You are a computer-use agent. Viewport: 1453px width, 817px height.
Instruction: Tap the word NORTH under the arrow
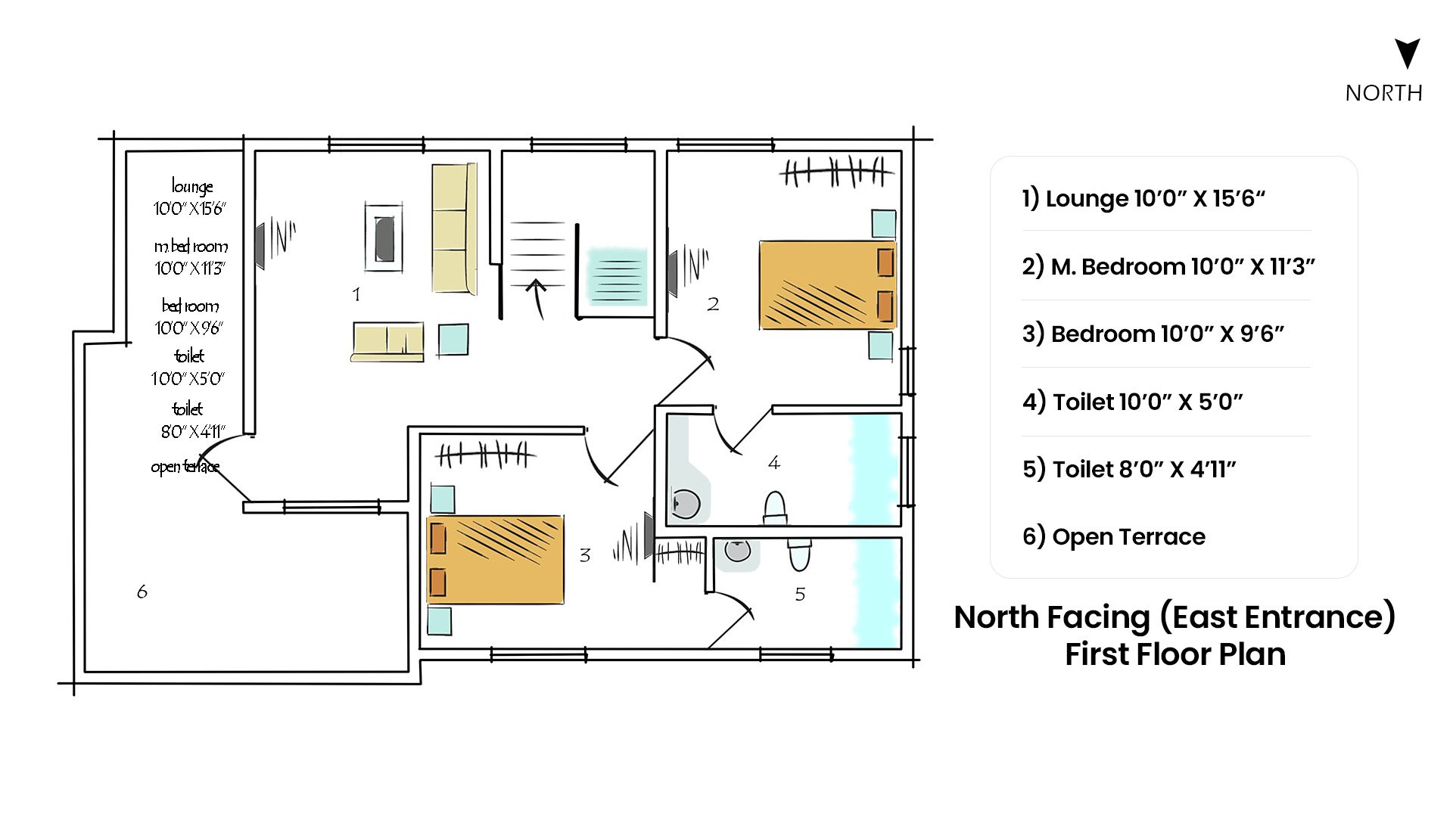tap(1384, 93)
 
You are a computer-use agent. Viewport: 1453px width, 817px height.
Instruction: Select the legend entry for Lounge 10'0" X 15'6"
tap(1143, 198)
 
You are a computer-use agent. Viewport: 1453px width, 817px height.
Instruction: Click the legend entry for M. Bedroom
tap(1168, 266)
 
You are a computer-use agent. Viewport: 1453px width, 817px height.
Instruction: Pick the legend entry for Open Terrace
tap(1113, 536)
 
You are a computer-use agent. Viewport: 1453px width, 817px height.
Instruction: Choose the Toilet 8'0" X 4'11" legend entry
tap(1129, 469)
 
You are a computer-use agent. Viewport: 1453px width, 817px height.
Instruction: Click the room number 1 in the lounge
tap(356, 294)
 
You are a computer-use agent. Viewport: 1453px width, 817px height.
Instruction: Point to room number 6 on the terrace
tap(142, 592)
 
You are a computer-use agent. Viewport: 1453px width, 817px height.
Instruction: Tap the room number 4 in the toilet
tap(773, 462)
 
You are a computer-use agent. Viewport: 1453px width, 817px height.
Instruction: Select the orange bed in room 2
tap(827, 285)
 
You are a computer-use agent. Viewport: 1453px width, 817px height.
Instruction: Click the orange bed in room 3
tap(496, 560)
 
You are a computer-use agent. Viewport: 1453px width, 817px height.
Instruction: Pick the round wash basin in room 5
tap(737, 550)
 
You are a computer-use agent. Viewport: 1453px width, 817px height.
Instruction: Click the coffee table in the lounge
tap(384, 238)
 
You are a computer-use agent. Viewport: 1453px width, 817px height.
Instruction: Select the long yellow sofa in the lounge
tap(454, 228)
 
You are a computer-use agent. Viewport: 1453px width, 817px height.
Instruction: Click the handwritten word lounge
tap(192, 187)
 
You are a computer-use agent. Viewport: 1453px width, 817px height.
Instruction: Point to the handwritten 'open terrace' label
tap(185, 467)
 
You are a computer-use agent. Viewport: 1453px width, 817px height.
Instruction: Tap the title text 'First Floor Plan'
tap(1175, 654)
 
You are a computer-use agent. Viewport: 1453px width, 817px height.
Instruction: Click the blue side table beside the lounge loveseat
tap(453, 340)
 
